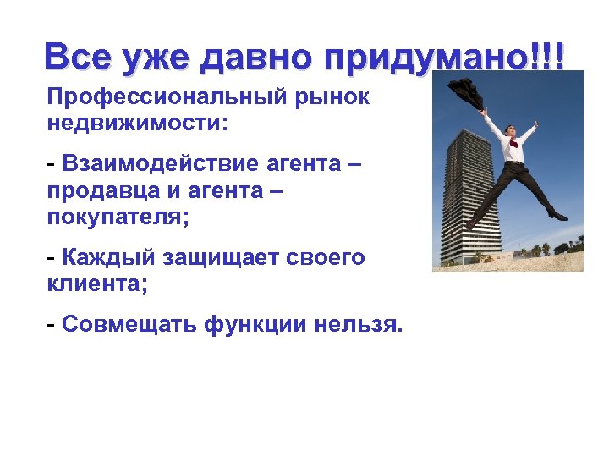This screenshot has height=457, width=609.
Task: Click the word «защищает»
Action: (222, 257)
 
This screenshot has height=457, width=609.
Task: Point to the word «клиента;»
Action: (97, 283)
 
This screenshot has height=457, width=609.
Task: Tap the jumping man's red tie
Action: (513, 145)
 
